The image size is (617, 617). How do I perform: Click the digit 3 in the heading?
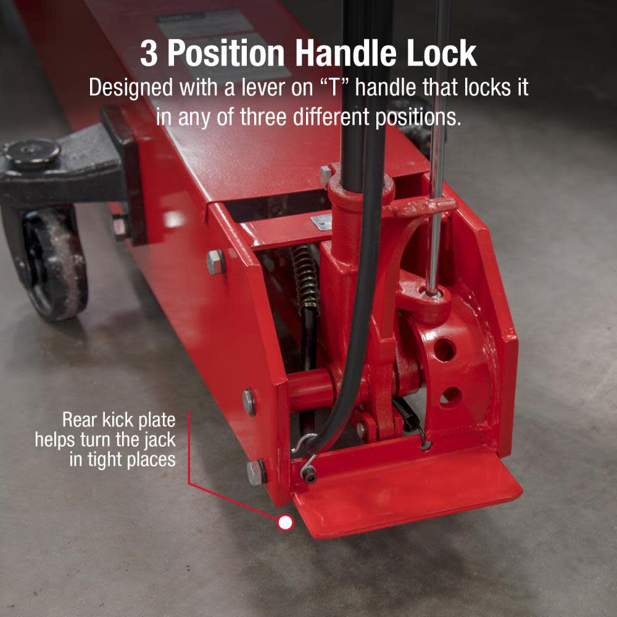150,54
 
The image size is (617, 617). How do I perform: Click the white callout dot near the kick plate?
285,523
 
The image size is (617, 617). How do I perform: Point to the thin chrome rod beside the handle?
437,154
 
